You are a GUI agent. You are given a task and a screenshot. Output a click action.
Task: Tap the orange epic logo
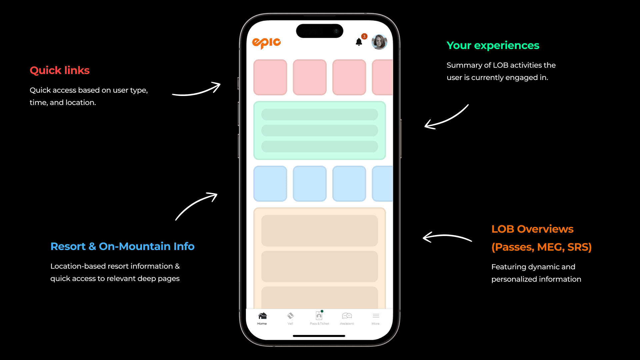[266, 43]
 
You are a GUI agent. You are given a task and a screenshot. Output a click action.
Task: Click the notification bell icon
[359, 42]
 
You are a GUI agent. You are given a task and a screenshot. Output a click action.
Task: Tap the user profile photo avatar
[379, 42]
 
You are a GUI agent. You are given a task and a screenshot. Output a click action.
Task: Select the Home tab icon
[262, 316]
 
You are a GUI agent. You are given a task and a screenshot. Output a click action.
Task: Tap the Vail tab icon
[290, 316]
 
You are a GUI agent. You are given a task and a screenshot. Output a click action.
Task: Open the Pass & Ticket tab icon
[319, 316]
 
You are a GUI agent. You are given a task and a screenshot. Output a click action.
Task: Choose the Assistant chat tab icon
[347, 316]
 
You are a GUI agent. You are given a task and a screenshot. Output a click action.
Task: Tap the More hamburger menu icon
[376, 316]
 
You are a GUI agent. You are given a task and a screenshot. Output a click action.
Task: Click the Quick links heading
[60, 70]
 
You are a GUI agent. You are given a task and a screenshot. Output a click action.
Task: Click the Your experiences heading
[493, 45]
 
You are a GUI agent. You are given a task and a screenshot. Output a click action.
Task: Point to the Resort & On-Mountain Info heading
[122, 246]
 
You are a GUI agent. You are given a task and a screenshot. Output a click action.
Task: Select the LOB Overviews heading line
[532, 229]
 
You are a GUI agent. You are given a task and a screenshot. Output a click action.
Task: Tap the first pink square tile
[270, 77]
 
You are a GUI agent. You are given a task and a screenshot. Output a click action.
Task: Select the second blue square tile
[310, 184]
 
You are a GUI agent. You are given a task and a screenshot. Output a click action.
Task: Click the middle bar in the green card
[319, 130]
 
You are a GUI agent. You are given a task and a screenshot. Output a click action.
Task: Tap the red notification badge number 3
[364, 36]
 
